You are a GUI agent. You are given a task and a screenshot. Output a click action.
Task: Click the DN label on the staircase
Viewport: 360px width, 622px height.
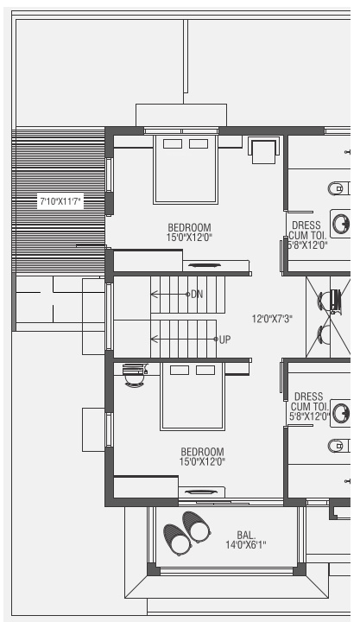(197, 295)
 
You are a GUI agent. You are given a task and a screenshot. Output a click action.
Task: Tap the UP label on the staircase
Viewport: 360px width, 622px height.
(224, 340)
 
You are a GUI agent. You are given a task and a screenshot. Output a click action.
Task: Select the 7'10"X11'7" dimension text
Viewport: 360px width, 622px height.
(60, 201)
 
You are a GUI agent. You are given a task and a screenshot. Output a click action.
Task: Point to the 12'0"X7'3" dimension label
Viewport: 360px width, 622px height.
(271, 319)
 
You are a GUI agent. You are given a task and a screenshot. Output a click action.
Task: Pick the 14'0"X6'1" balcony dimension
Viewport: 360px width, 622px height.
(246, 544)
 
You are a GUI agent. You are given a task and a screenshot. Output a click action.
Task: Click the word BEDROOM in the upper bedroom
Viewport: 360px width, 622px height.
(190, 227)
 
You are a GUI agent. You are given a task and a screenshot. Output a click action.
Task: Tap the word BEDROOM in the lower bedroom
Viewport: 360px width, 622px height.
(202, 451)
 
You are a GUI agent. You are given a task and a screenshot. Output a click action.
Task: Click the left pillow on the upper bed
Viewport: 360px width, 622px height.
(172, 143)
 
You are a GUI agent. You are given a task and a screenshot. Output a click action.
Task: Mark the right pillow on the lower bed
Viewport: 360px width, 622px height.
(205, 371)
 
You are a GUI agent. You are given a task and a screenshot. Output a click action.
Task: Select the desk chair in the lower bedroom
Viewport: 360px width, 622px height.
(132, 375)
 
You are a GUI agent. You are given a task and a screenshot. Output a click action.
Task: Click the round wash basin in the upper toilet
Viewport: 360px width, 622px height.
(342, 224)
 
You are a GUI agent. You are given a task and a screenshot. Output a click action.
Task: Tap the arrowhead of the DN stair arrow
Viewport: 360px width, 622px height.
(152, 295)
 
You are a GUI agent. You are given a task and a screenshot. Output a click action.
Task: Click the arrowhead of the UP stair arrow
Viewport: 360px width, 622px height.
(152, 340)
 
